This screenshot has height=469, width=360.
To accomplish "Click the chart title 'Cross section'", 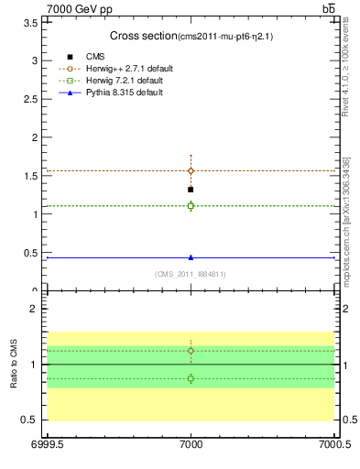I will coord(143,36).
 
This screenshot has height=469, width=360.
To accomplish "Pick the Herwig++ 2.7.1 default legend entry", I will coord(127,69).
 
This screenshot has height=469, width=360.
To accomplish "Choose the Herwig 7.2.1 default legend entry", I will coord(124,81).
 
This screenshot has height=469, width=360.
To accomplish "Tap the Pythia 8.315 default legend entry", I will coord(123,93).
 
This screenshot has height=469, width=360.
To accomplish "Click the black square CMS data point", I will coord(191,190).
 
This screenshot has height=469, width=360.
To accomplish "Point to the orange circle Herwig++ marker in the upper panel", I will coord(191,170).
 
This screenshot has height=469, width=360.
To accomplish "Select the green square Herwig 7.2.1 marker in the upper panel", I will coord(191,205).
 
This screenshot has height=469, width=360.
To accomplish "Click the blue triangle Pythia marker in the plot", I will coord(191,257).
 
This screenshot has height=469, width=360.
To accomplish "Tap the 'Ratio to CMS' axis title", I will coord(15,364).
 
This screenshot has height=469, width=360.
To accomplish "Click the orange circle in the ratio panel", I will coord(191,351).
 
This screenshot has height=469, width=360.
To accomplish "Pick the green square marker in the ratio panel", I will coord(191,378).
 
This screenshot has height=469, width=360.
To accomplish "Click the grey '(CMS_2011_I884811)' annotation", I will coord(191,274).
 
